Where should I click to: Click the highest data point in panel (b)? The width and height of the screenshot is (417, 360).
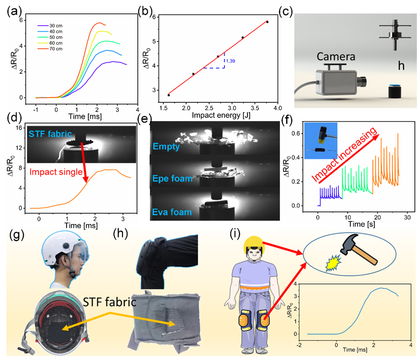tap(267, 22)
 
